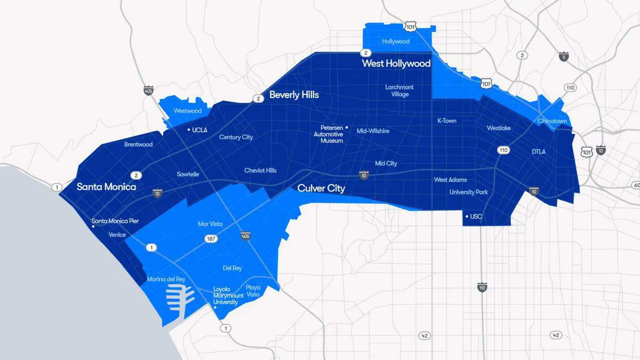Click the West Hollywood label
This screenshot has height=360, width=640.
pos(396,63)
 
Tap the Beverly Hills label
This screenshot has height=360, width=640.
pos(294,95)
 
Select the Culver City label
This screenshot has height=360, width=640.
pos(321,188)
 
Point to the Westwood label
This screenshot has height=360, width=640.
pos(188,111)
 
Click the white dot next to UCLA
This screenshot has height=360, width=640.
pos(188,130)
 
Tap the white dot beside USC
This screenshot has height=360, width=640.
pos(467,217)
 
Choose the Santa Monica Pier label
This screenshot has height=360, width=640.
pos(115,221)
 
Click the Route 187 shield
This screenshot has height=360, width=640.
pos(211,239)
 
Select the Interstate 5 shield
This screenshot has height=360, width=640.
pos(564,56)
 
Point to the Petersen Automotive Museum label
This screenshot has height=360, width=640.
pos(328,134)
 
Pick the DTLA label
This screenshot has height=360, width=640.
pos(539,152)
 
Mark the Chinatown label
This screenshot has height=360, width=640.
pos(552,121)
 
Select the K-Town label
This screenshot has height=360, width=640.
pos(446,121)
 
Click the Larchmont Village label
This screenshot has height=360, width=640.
pos(399,91)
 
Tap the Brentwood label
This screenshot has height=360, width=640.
pos(138,145)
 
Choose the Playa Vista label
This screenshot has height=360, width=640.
pos(253,291)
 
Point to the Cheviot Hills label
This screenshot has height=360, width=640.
pos(260,171)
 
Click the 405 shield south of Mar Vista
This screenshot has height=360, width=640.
pos(245,236)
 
